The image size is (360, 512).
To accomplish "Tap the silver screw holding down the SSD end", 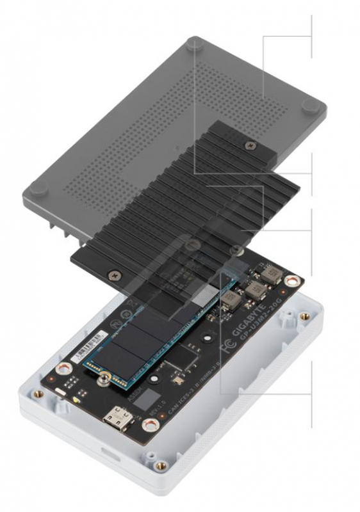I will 102,382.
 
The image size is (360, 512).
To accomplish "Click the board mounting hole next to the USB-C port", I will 149,424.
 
